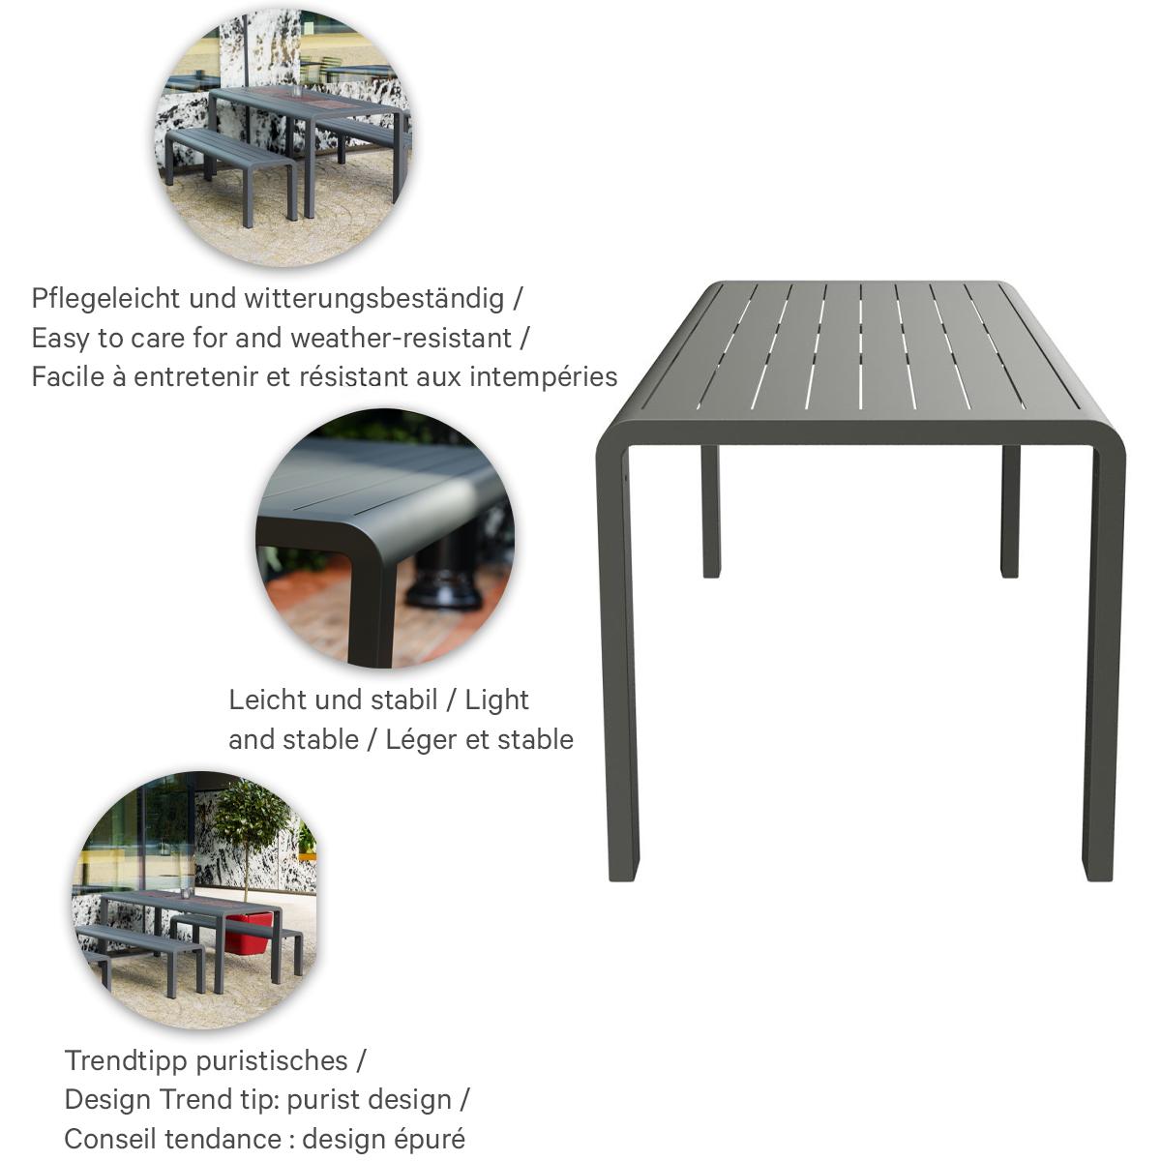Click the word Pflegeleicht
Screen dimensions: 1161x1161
click(106, 299)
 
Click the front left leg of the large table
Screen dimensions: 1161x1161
click(617, 663)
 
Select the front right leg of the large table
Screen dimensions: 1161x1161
click(1104, 663)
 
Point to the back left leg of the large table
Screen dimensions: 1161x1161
click(711, 511)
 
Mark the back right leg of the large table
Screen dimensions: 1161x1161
click(1010, 511)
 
